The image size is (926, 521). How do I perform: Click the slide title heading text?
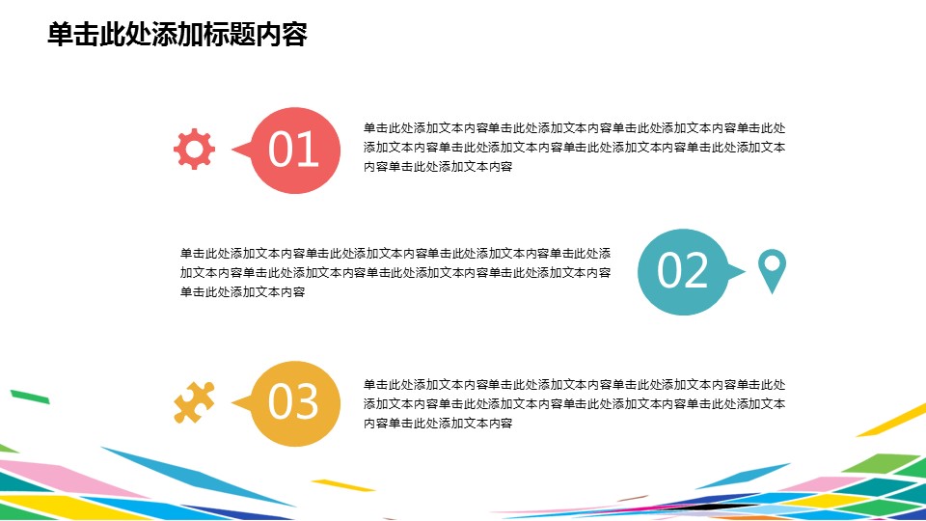pos(177,35)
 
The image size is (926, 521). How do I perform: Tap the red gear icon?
pos(194,149)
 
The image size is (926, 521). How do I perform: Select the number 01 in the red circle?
pos(293,150)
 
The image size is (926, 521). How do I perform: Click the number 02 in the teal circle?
pos(682,270)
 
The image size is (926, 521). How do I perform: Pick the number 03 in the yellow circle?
pos(293,401)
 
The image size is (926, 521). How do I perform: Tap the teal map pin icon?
pos(772,271)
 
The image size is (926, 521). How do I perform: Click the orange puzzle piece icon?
pos(194,402)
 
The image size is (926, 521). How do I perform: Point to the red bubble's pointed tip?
pos(232,150)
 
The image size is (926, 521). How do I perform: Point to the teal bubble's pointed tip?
pos(745,272)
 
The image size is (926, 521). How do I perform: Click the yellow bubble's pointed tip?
pos(232,403)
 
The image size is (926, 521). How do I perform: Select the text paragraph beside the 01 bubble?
pos(574,147)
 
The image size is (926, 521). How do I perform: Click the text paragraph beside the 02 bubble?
pos(395,272)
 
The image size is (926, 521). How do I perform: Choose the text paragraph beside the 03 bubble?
pos(574,403)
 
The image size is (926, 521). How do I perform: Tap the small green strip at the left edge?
pos(30,397)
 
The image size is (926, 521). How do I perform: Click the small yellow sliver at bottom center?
pos(343,485)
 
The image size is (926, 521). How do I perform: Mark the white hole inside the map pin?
pos(772,262)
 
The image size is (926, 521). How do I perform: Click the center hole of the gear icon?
pos(194,149)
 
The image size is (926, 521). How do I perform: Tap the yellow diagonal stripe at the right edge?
pos(891,420)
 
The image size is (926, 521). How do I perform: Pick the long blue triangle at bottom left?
pos(195,476)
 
